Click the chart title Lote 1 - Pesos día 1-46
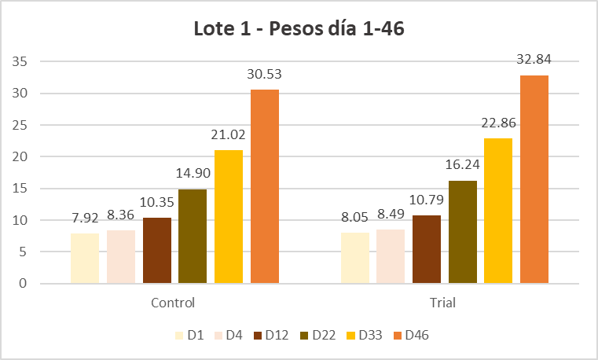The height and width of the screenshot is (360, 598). pyautogui.click(x=299, y=30)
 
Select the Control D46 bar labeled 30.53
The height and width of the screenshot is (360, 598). pyautogui.click(x=265, y=186)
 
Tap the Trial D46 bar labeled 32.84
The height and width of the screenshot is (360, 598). pyautogui.click(x=534, y=179)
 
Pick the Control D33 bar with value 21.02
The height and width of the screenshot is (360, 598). pyautogui.click(x=229, y=216)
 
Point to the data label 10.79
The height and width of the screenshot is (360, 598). pyautogui.click(x=427, y=202)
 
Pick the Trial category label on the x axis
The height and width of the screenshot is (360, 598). pyautogui.click(x=444, y=303)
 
